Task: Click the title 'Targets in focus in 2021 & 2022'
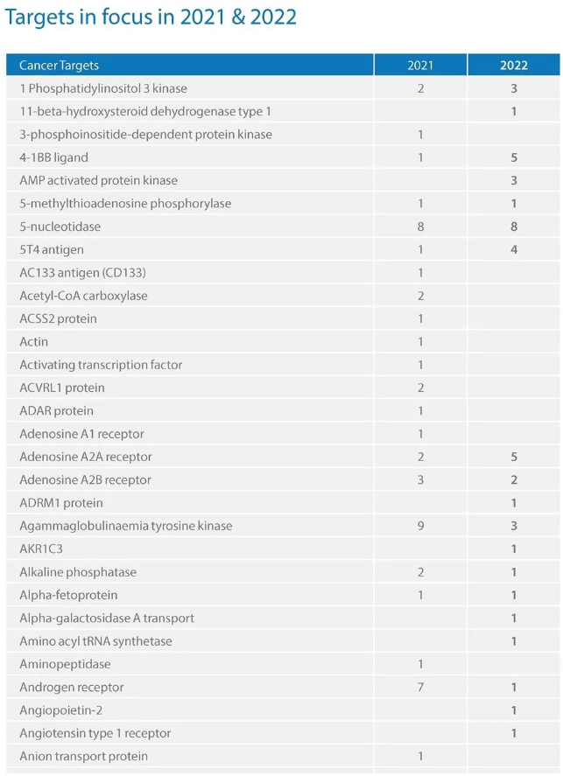(x=151, y=17)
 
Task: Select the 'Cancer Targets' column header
(x=59, y=66)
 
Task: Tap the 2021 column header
(x=420, y=66)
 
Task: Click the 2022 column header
(x=514, y=66)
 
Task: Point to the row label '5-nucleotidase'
(x=60, y=227)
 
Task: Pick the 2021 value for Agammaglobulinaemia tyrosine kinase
(x=420, y=526)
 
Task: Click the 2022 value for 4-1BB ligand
(x=514, y=157)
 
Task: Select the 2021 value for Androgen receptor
(x=420, y=688)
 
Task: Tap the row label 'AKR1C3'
(x=41, y=549)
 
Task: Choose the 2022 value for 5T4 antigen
(x=514, y=249)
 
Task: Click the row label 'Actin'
(x=34, y=342)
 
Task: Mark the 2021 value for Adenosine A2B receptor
(x=420, y=479)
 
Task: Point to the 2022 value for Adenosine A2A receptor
(x=514, y=457)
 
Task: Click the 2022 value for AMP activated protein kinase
(x=514, y=180)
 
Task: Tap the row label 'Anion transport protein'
(x=83, y=756)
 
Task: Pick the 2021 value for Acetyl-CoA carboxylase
(x=420, y=296)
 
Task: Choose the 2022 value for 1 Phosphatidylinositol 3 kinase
(x=514, y=88)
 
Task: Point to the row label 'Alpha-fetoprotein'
(x=67, y=595)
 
